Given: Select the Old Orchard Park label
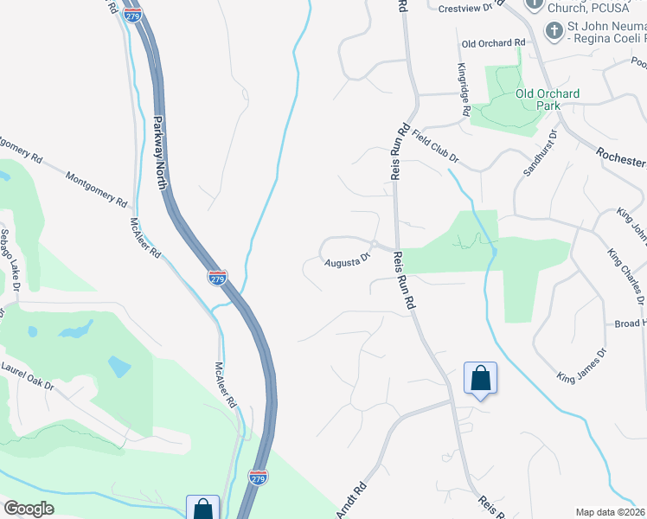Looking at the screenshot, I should (x=548, y=99).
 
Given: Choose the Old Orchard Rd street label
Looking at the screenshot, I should (x=493, y=42).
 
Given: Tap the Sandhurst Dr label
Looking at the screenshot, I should (x=538, y=154).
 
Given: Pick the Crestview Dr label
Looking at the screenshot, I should (x=471, y=7).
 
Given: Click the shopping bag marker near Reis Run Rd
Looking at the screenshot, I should (x=480, y=379).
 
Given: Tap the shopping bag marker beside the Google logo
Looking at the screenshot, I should (x=202, y=509).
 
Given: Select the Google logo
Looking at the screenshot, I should (x=29, y=509).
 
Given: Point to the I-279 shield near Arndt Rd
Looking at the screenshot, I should (x=258, y=477).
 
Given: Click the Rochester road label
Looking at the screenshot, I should (x=621, y=157).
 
